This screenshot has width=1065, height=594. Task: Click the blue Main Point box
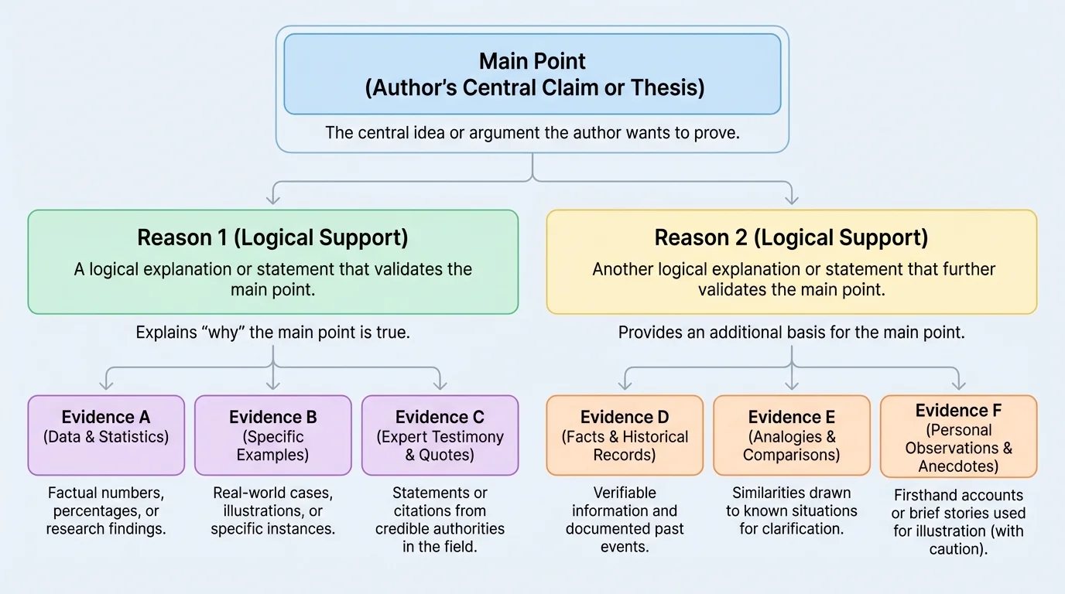532,74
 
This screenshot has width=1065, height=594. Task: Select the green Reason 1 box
272,261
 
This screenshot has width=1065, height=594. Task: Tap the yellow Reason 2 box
791,261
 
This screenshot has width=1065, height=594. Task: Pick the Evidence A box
106,435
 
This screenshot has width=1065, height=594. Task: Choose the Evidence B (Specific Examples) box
272,435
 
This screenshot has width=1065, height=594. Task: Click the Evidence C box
440,435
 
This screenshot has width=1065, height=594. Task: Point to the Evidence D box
625,435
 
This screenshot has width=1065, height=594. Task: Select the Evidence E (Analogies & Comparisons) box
791,435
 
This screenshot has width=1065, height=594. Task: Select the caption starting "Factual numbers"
105,510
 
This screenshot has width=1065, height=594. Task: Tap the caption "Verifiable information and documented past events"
624,520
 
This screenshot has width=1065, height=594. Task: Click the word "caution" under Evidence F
958,549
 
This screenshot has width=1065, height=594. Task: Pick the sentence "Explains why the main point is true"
272,333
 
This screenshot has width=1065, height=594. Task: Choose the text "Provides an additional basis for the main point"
791,333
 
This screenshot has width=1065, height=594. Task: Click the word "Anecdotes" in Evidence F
958,466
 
